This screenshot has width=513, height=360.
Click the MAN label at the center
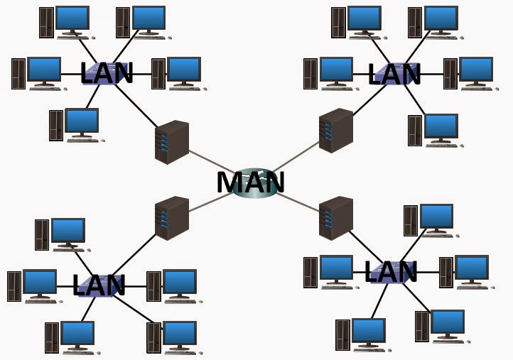pyautogui.click(x=250, y=182)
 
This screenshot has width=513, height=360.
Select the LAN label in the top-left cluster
pyautogui.click(x=107, y=73)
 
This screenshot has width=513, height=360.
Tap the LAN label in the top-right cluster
pyautogui.click(x=394, y=73)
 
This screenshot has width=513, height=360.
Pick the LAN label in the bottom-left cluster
pyautogui.click(x=99, y=285)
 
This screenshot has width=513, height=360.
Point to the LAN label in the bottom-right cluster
pyautogui.click(x=390, y=271)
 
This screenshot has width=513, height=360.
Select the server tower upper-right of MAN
pyautogui.click(x=335, y=131)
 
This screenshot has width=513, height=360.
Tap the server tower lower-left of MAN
pyautogui.click(x=171, y=218)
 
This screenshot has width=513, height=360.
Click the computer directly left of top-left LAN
pyautogui.click(x=36, y=73)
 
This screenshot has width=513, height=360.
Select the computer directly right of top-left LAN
pyautogui.click(x=177, y=73)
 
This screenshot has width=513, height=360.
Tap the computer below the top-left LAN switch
pyautogui.click(x=74, y=125)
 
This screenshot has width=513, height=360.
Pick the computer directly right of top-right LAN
pyautogui.click(x=469, y=73)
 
